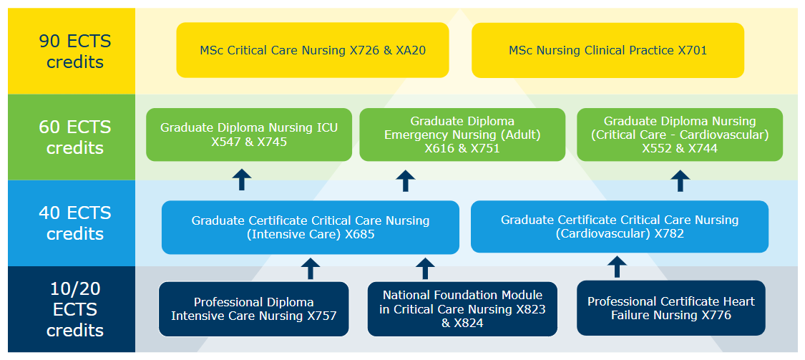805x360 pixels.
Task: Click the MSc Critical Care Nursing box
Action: click(313, 50)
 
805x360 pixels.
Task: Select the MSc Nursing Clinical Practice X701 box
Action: click(608, 50)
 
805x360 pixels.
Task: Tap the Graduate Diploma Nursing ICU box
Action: click(249, 135)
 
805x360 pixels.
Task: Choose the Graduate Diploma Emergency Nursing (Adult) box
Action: click(462, 135)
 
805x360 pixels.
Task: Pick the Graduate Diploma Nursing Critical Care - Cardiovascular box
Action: click(679, 135)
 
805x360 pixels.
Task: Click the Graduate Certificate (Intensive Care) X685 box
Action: click(310, 227)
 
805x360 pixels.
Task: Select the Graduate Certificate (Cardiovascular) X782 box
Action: click(619, 226)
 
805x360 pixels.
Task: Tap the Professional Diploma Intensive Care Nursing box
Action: click(253, 308)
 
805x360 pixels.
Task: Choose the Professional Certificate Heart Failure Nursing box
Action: click(670, 308)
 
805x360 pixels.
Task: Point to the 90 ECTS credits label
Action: click(75, 51)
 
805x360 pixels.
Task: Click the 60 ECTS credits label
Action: click(75, 137)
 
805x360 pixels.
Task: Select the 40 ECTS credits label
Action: click(75, 223)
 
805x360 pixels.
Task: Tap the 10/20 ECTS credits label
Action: click(75, 309)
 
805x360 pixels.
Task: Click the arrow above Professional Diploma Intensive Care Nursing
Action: click(310, 268)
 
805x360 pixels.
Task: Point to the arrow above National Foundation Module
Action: click(425, 268)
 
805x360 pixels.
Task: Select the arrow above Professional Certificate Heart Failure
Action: click(617, 268)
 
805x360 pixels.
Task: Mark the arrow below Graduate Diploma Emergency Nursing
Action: click(405, 180)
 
